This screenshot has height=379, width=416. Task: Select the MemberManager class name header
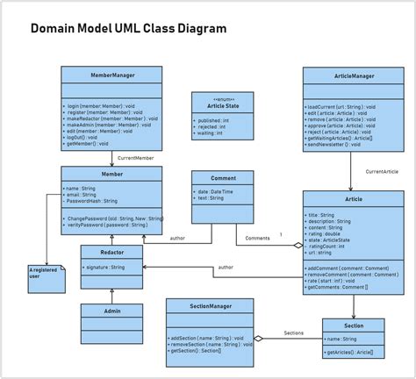coord(111,75)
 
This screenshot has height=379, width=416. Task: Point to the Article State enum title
coord(223,104)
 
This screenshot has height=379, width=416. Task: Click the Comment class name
coord(223,178)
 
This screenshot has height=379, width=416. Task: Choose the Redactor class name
coord(111,252)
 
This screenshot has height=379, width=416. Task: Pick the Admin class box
coord(111,311)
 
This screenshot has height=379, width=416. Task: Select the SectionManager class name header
coord(211,306)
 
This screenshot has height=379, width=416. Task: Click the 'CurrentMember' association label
coord(136,157)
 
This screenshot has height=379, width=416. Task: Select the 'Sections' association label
coord(294,333)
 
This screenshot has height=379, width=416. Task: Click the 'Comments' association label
coord(257,238)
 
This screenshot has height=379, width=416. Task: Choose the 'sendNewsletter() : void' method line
coord(338,145)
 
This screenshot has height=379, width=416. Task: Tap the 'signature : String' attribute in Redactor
coord(109,266)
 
